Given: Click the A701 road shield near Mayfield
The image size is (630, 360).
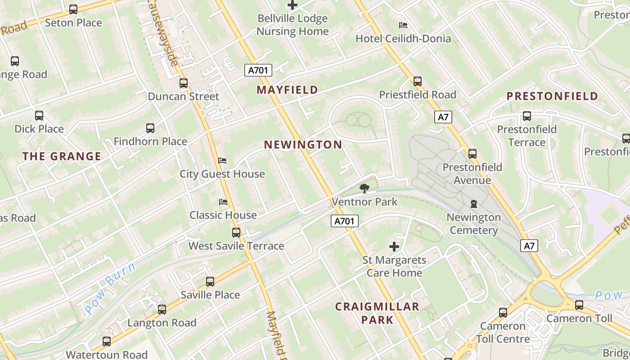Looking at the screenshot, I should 258,70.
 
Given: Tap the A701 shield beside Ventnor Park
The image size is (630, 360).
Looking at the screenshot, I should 345,221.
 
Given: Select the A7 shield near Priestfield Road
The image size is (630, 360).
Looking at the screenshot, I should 443,117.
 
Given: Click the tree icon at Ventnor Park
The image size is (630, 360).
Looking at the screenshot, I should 364,189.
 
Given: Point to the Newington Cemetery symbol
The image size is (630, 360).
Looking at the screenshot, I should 473,204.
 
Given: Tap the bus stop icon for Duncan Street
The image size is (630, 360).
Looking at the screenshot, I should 183,83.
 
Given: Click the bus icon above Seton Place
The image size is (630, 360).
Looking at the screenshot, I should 73,9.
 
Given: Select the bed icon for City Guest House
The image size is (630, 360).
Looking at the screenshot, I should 222,161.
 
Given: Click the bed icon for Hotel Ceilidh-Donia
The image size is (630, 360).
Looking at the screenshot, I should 403,25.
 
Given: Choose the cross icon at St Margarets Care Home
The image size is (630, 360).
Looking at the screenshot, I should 394,247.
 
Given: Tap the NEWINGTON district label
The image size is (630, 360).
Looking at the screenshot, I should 303,145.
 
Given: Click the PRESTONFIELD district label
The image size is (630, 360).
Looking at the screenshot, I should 552,96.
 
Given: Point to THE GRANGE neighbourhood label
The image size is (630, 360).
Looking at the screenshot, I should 62,157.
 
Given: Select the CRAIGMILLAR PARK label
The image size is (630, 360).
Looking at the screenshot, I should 377,313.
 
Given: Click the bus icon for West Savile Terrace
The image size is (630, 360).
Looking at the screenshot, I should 236,233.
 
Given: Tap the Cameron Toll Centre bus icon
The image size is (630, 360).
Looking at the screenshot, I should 503,312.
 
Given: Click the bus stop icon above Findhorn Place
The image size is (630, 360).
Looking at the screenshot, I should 150,128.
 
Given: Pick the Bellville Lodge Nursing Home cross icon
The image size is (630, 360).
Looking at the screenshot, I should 292,5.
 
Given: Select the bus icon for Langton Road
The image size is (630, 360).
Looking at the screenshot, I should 162,310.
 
